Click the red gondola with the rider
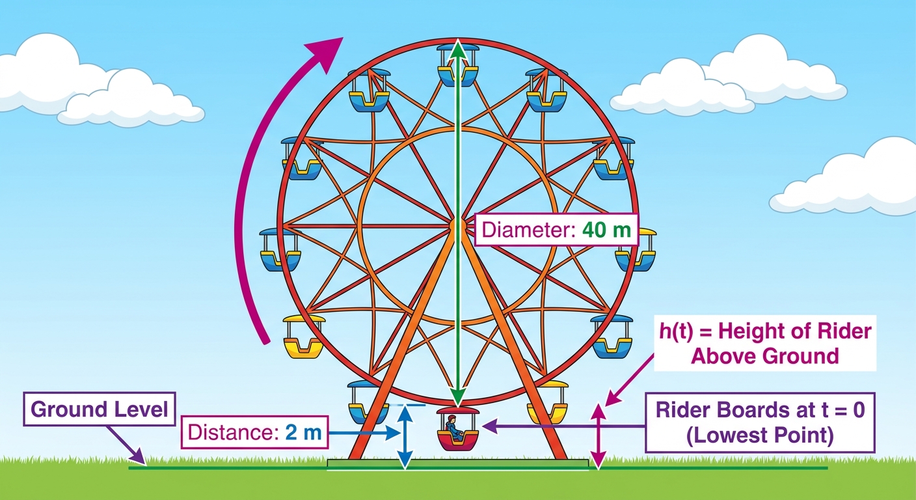click(457, 429)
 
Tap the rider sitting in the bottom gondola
click(454, 428)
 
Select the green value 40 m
click(606, 230)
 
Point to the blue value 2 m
click(303, 432)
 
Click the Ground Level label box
click(100, 409)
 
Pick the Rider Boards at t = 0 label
click(760, 423)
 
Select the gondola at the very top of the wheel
click(457, 66)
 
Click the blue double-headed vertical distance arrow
click(405, 436)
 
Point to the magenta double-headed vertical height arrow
click(599, 436)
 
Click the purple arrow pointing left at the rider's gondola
click(563, 426)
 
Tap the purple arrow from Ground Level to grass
click(126, 445)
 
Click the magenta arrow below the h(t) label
click(628, 380)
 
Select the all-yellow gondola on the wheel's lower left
click(304, 337)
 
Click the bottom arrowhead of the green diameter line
click(458, 398)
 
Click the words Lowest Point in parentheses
click(760, 436)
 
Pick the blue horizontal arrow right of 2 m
click(364, 433)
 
